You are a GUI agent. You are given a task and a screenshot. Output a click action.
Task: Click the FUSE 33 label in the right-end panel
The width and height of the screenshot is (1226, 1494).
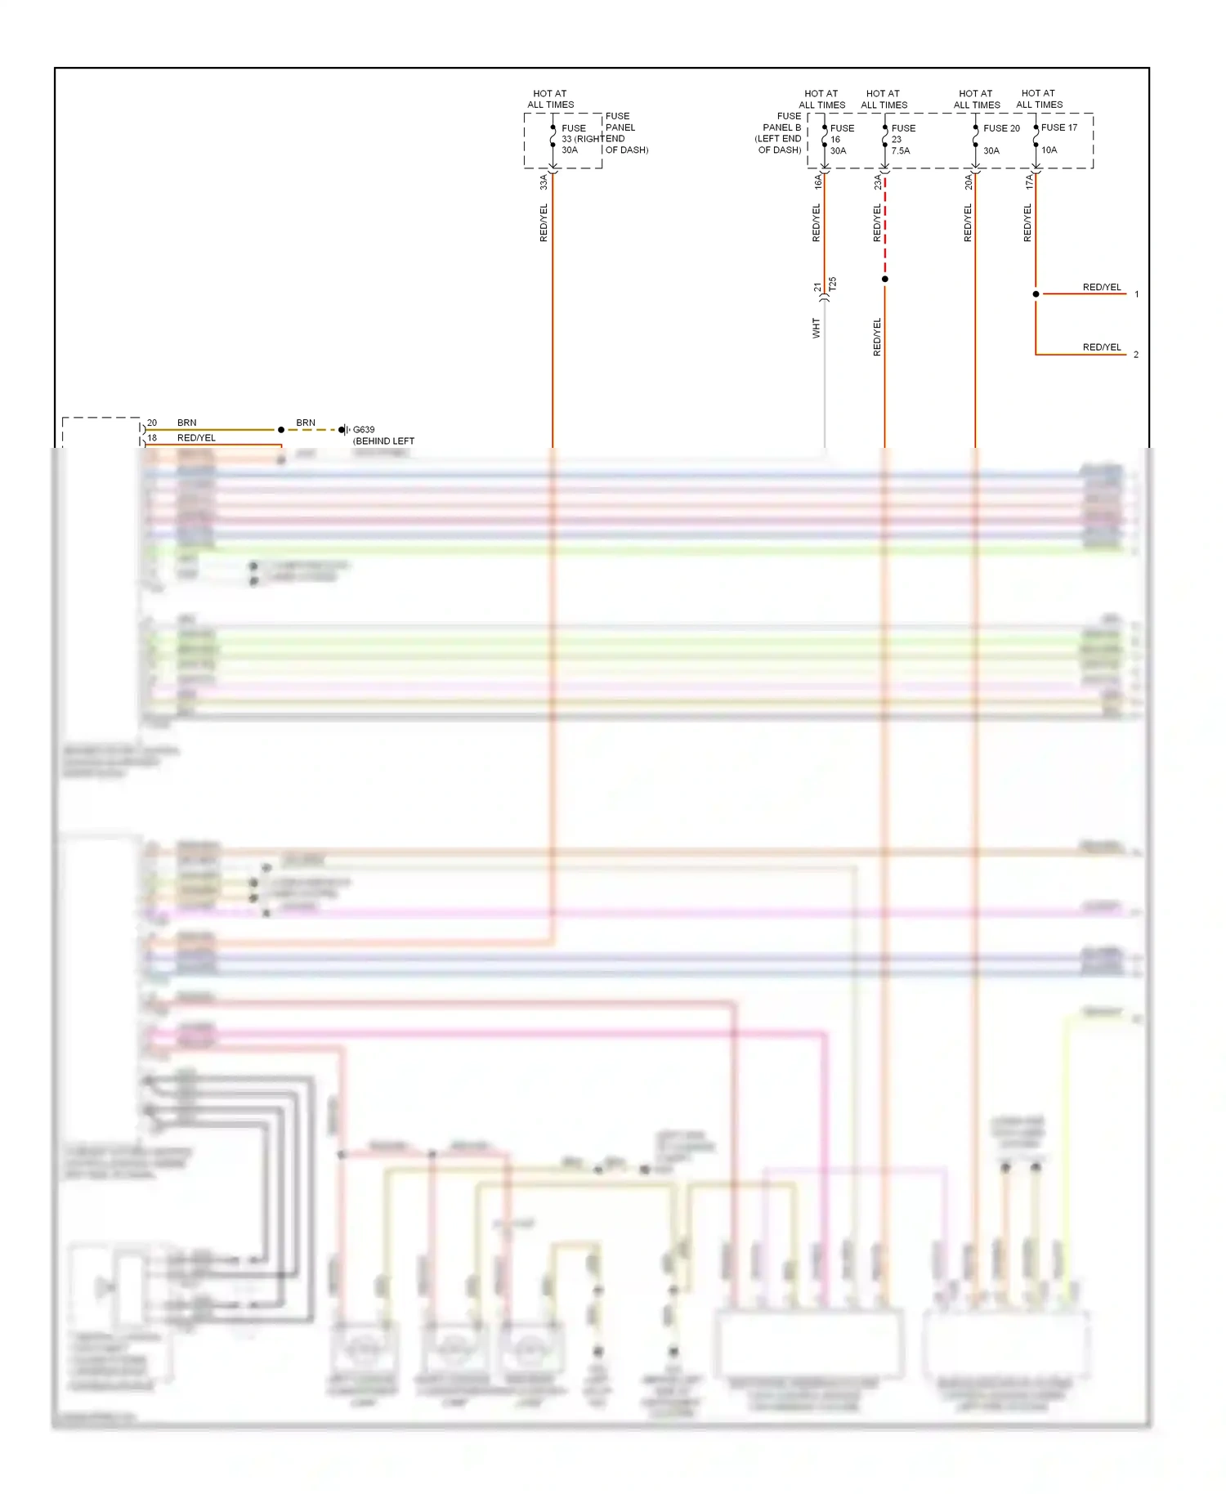(x=573, y=128)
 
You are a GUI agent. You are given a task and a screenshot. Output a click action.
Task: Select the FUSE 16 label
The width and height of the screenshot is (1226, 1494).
(x=841, y=128)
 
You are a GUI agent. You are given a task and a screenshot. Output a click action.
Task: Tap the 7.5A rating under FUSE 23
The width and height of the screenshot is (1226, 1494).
(x=900, y=151)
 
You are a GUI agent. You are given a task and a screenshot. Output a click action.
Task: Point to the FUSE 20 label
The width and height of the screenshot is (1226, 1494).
(x=1001, y=128)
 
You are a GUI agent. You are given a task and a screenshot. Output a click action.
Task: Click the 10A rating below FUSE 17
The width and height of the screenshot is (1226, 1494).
(x=1049, y=150)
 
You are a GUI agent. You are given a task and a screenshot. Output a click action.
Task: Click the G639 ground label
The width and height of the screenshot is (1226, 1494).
(x=364, y=430)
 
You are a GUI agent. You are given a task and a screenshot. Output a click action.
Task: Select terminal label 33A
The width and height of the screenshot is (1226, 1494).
(x=544, y=182)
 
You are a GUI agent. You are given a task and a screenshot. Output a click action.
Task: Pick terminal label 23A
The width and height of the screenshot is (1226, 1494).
(x=878, y=182)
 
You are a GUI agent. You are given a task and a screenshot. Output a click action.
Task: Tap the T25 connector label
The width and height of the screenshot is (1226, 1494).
(x=833, y=284)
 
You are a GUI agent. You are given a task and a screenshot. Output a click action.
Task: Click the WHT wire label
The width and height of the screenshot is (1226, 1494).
(x=816, y=329)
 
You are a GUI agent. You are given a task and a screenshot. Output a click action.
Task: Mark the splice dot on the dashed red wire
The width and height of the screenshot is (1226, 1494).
(x=884, y=280)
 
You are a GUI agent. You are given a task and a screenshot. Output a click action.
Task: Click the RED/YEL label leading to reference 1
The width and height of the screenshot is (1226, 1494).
(x=1101, y=288)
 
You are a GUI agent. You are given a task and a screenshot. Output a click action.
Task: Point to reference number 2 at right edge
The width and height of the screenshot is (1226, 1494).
(x=1135, y=355)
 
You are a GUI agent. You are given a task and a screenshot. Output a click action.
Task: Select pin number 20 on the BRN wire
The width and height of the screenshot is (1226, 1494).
(x=152, y=423)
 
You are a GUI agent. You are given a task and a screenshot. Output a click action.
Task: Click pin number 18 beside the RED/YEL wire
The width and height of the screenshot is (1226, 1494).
(x=152, y=438)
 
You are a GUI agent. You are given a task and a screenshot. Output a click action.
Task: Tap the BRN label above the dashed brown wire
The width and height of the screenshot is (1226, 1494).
(x=306, y=423)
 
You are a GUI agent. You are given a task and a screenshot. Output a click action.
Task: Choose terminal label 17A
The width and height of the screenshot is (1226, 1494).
(x=1029, y=182)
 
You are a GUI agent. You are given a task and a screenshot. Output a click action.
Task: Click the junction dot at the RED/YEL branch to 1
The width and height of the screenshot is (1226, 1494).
(x=1036, y=294)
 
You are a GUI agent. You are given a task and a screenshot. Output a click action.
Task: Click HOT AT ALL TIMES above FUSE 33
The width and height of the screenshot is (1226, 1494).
(x=550, y=99)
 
